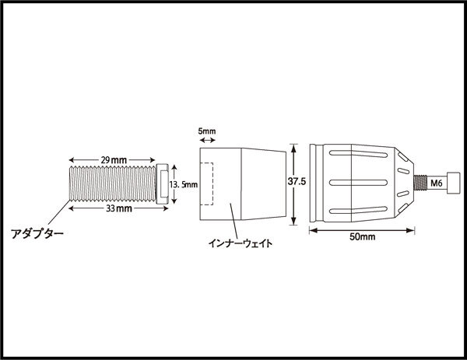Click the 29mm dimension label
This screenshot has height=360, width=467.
[x=114, y=160]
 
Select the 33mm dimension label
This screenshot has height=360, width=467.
[x=119, y=208]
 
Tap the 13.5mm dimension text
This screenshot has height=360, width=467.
[x=184, y=185]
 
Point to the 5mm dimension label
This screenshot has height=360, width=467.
[x=207, y=131]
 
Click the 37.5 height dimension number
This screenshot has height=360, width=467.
[x=297, y=181]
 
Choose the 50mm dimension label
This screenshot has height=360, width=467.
[x=362, y=237]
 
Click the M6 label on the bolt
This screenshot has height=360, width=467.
[x=437, y=183]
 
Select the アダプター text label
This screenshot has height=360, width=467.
[x=37, y=233]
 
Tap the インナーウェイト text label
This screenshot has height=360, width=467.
[x=240, y=243]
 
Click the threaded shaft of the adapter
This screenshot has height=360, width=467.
[x=113, y=183]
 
